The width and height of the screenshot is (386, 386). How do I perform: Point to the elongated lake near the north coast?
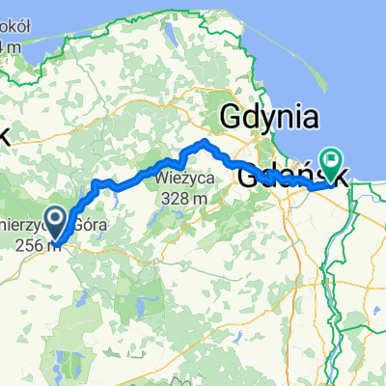coord(168,40)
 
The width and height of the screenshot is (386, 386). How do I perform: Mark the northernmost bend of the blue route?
coord(204,143)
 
